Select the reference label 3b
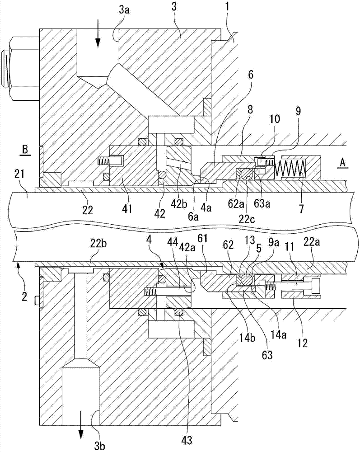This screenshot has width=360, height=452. [100, 446]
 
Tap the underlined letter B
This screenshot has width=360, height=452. [25, 150]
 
